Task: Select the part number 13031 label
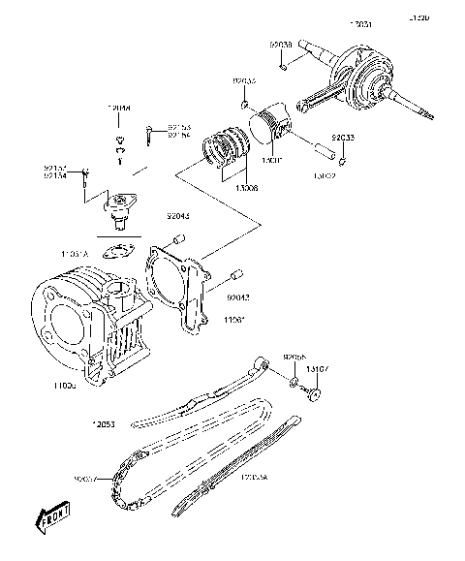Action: [x=357, y=23]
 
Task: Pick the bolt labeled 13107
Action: [x=313, y=392]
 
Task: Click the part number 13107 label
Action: [x=319, y=369]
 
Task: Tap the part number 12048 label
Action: [x=119, y=109]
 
